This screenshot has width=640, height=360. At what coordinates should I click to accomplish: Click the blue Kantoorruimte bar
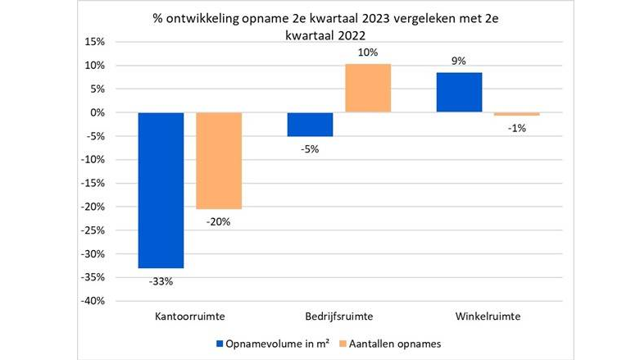pyautogui.click(x=161, y=190)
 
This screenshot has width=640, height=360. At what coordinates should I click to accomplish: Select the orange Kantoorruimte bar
pyautogui.click(x=219, y=161)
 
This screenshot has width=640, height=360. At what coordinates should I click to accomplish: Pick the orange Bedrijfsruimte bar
pyautogui.click(x=368, y=88)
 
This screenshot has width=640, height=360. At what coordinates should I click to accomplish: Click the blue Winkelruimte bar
pyautogui.click(x=458, y=92)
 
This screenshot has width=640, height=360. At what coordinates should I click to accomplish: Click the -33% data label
pyautogui.click(x=161, y=282)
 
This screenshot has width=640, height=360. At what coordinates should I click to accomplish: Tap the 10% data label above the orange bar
pyautogui.click(x=368, y=52)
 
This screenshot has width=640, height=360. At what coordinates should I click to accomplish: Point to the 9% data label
pyautogui.click(x=458, y=60)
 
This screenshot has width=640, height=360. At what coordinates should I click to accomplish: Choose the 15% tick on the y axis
pyautogui.click(x=97, y=42)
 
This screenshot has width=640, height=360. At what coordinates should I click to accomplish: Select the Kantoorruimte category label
pyautogui.click(x=189, y=316)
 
